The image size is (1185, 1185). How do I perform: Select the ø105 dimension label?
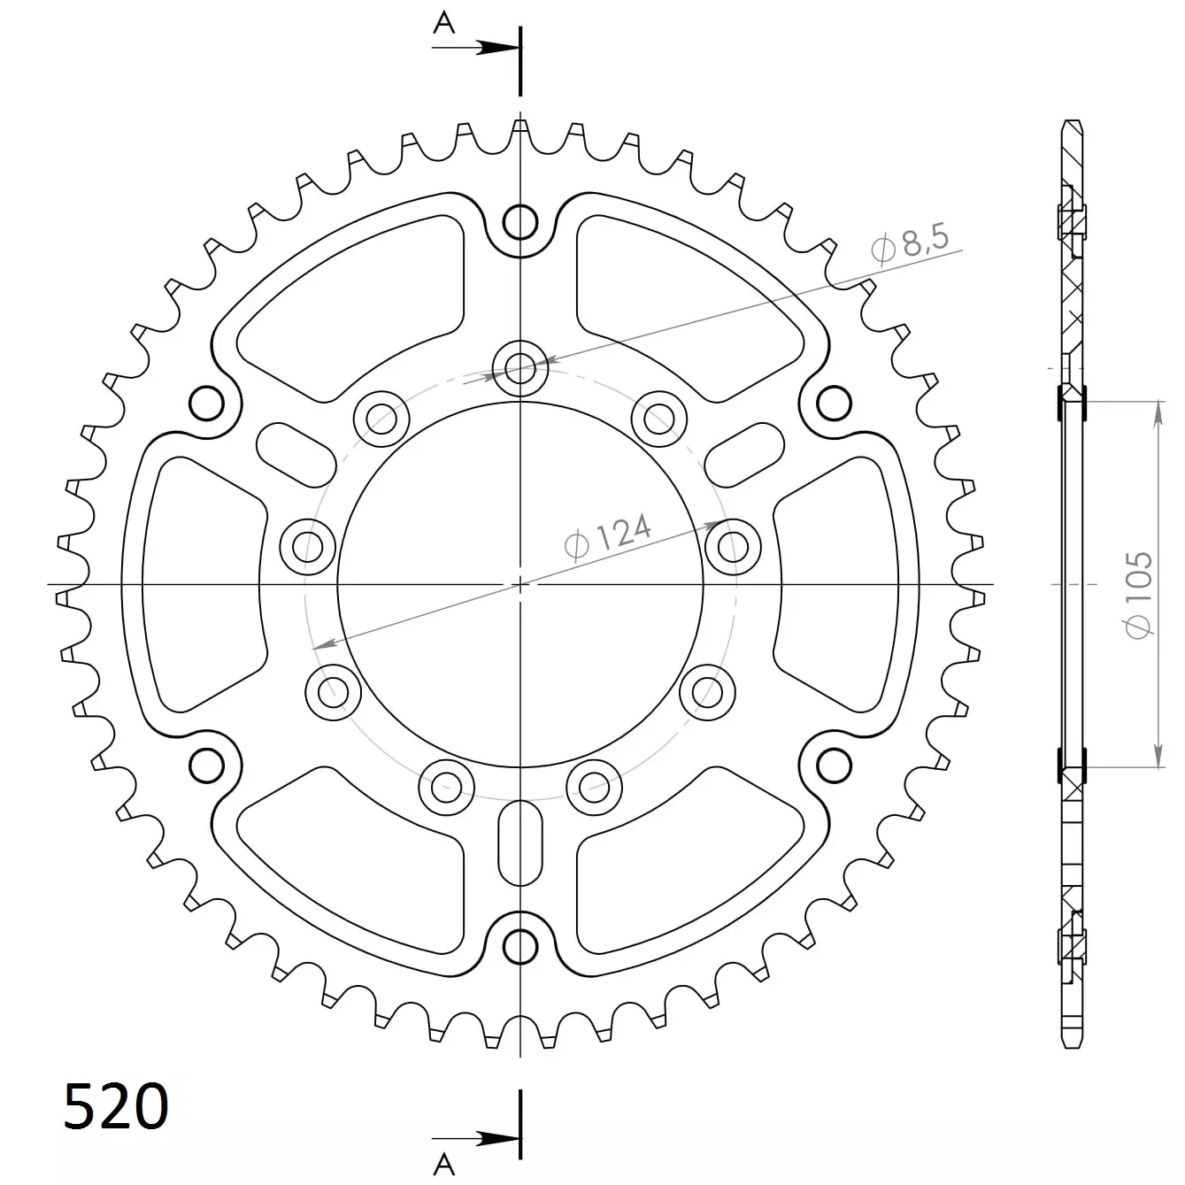click(1137, 596)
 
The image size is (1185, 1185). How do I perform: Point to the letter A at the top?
click(444, 23)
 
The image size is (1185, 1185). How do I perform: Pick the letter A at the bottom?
click(444, 1164)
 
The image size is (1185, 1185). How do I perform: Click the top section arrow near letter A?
click(476, 48)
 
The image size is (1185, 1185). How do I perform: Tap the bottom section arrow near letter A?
click(476, 1139)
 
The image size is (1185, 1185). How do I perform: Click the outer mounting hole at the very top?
click(520, 222)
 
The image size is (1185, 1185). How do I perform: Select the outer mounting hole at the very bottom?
click(520, 946)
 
